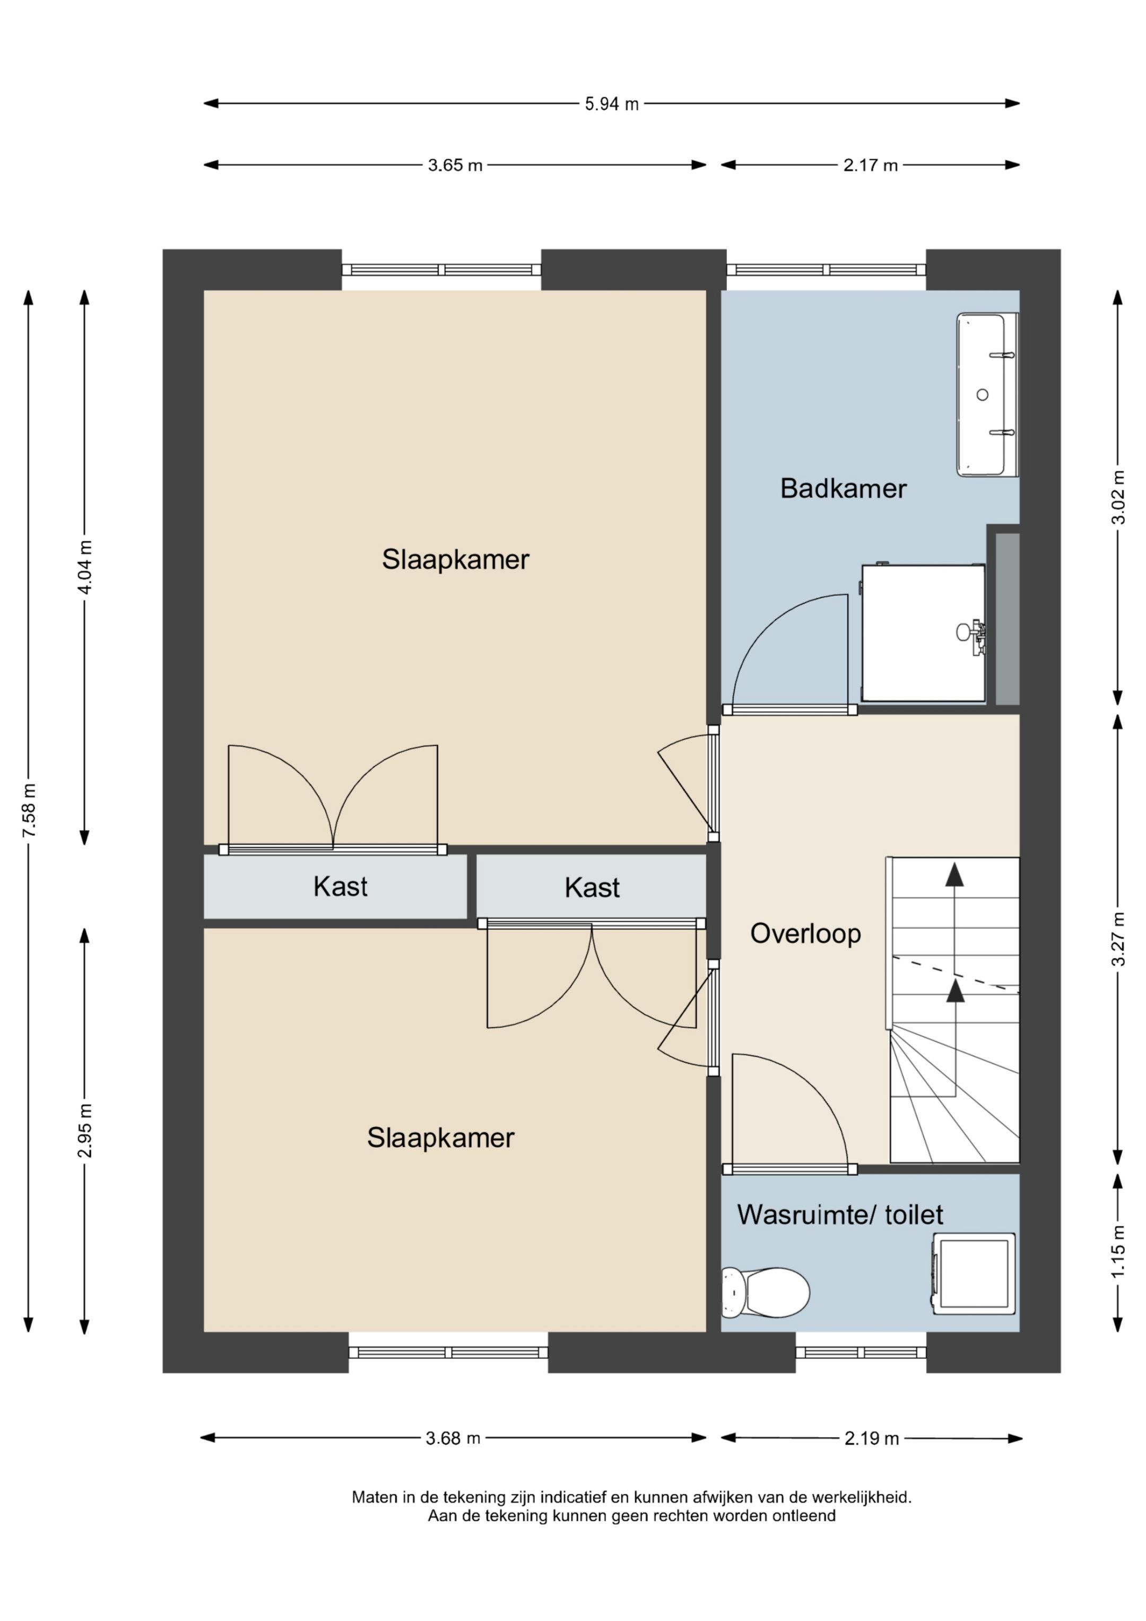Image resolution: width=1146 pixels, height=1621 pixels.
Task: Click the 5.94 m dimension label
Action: coord(612,104)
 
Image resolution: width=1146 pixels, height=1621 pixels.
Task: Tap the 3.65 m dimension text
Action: coord(455,165)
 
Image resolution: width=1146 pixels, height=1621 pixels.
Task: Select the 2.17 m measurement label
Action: coord(871,165)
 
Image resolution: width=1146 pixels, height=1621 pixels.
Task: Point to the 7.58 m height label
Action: coord(29,811)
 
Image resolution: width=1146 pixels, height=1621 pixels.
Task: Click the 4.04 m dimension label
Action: coord(85,567)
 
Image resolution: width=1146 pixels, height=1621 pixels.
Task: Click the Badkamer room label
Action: coord(843,489)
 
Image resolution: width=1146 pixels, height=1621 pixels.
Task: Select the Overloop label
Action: coord(806,933)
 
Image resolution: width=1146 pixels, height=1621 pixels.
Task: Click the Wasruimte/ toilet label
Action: coord(840,1215)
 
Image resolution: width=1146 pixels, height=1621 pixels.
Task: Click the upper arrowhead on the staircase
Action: coord(954,874)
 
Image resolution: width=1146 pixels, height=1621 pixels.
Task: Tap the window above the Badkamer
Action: coord(826,270)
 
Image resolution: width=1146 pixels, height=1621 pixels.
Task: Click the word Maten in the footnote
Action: coord(374,1497)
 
